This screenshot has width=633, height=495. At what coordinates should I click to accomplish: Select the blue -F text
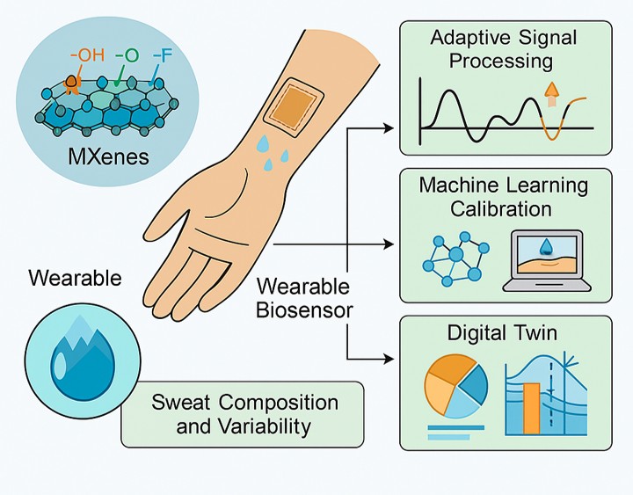[x=163, y=56]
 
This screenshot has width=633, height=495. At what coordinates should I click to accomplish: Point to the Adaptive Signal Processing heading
[x=504, y=50]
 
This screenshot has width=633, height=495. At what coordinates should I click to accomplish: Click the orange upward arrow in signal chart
[x=553, y=91]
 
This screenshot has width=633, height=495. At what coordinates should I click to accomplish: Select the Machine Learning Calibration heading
[x=504, y=196]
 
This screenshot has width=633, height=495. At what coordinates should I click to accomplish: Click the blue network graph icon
[x=454, y=259]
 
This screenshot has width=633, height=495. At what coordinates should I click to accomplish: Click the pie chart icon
[x=455, y=389]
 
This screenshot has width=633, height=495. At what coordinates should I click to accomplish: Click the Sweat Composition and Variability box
[x=243, y=414]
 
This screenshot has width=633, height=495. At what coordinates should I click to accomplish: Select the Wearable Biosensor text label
[x=303, y=299]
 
